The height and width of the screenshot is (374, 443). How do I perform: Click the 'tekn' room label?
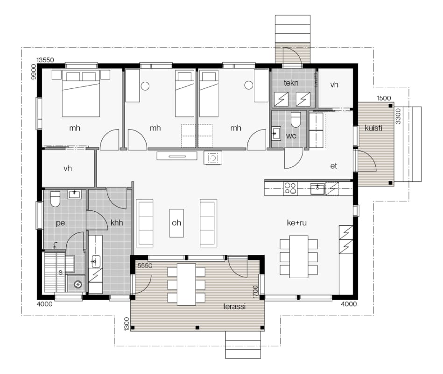pos(291,83)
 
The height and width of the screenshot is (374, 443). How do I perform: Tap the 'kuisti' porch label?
pos(373,128)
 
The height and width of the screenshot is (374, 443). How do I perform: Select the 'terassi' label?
pos(234,306)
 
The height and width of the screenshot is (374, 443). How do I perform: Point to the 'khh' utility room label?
pos(117,223)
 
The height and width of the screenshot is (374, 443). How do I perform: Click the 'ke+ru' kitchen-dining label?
pos(296,223)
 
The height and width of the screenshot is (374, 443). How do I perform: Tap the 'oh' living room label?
pos(176,223)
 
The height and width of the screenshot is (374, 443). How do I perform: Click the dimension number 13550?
pos(45,60)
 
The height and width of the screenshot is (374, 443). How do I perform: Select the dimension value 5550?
pos(145,266)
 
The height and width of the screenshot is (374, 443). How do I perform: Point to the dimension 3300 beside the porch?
pos(398,116)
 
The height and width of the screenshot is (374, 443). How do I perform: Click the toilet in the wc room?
pos(296,120)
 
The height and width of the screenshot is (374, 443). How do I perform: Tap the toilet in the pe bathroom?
pos(55,199)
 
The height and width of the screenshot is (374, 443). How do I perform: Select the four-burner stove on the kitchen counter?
pos(290,188)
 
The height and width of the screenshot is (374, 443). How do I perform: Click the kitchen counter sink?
pos(317,188)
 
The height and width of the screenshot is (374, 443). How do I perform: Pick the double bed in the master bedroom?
pos(81,93)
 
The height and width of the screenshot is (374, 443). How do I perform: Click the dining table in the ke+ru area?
pos(299,256)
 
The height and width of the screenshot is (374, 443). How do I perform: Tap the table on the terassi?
pos(186,284)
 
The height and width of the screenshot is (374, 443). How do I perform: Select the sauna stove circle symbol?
pos(77,284)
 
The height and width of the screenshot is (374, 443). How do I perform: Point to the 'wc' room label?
pos(291,136)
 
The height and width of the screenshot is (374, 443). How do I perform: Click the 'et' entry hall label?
pos(334,166)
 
